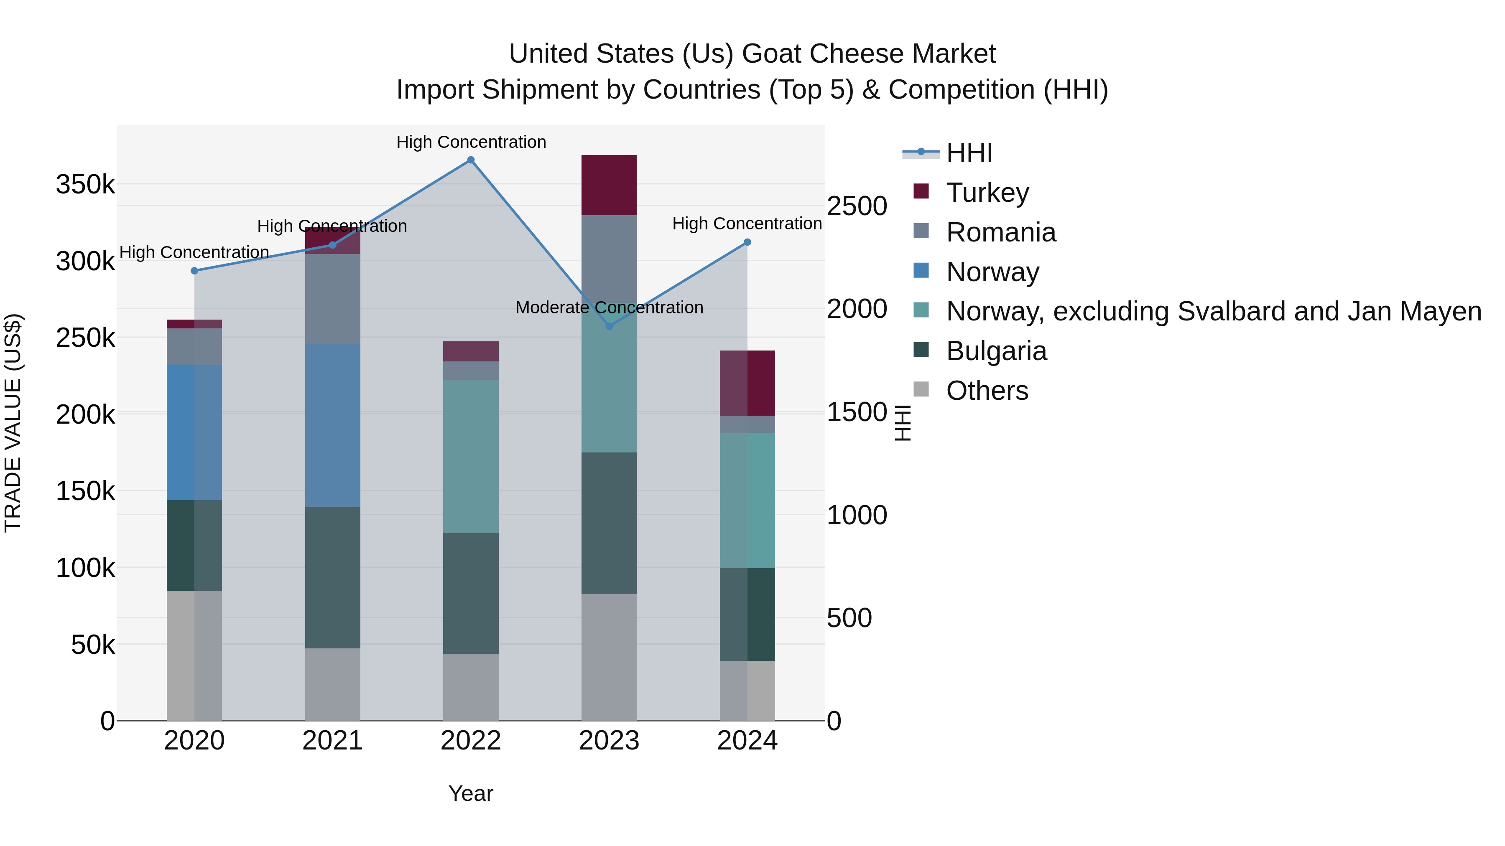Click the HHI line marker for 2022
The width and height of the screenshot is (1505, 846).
point(471,160)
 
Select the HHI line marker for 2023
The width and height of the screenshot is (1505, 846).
point(609,326)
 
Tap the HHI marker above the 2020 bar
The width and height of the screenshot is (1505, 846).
point(194,271)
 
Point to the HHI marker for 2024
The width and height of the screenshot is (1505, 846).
point(747,242)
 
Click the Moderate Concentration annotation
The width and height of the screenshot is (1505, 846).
point(609,307)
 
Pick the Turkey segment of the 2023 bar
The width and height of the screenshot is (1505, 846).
point(609,185)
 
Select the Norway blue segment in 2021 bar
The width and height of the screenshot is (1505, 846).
point(332,425)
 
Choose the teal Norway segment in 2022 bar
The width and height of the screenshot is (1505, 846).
point(471,456)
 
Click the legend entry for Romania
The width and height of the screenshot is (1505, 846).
point(1000,232)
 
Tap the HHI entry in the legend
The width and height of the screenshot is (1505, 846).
point(969,153)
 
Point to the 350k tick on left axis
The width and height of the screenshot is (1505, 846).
point(85,185)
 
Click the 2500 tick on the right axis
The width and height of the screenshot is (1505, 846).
point(857,206)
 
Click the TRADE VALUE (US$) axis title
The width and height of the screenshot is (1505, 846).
point(13,423)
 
